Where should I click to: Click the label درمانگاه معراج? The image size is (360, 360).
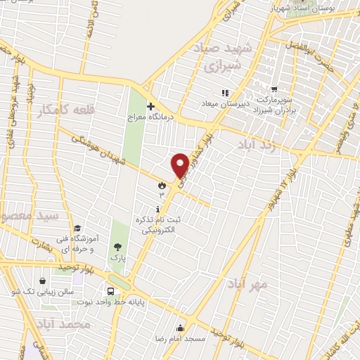pyautogui.click(x=150, y=116)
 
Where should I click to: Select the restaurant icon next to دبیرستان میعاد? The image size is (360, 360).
pyautogui.click(x=225, y=93)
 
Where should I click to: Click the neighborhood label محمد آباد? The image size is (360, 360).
pyautogui.click(x=63, y=324)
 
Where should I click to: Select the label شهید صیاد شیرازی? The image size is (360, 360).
pyautogui.click(x=221, y=58)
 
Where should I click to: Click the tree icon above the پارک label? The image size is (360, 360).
pyautogui.click(x=117, y=247)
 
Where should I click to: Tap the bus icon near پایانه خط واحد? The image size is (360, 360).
pyautogui.click(x=111, y=291)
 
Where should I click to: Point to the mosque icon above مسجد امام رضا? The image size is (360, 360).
pyautogui.click(x=181, y=327)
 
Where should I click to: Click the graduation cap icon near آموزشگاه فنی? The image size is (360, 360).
pyautogui.click(x=77, y=228)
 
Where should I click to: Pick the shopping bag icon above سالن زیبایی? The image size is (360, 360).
pyautogui.click(x=44, y=281)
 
